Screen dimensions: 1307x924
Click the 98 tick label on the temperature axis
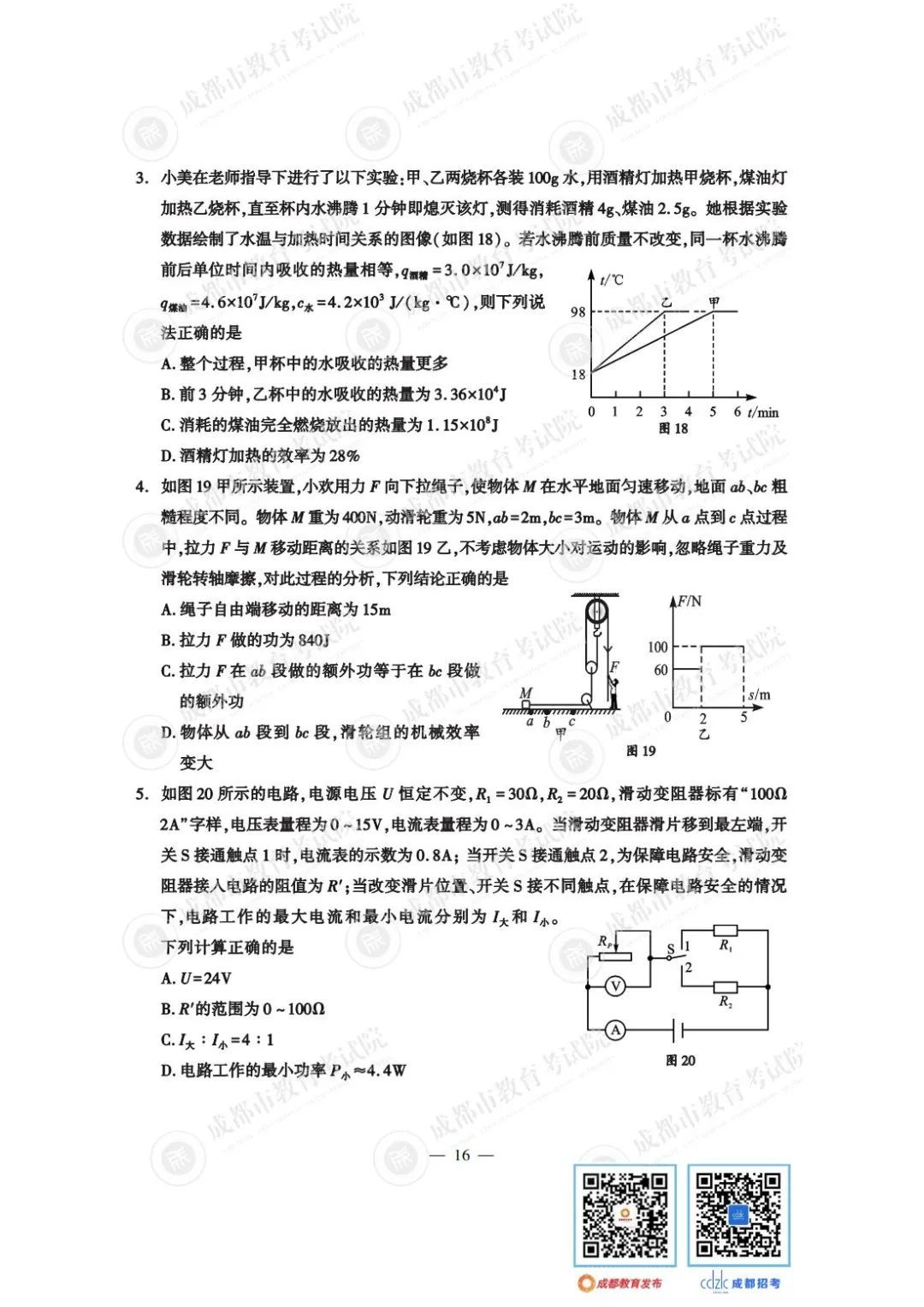578,311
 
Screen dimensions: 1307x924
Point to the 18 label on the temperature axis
578,374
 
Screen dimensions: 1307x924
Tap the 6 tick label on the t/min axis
737,411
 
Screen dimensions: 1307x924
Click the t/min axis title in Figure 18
763,412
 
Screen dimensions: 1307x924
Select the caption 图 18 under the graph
673,429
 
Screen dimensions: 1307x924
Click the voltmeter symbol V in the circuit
614,986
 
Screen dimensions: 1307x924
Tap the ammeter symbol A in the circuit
615,1030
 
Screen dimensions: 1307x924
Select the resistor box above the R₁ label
726,931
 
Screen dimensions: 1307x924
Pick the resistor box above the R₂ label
726,986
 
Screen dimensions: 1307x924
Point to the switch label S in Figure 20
670,949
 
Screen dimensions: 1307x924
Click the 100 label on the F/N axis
657,647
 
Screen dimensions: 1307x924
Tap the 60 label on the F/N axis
660,670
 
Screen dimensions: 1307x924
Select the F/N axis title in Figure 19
689,601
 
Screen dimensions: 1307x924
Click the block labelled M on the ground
525,705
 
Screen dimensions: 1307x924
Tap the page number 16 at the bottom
462,1155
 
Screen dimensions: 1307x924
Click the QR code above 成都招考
738,1215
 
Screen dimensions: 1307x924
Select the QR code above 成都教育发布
625,1215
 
